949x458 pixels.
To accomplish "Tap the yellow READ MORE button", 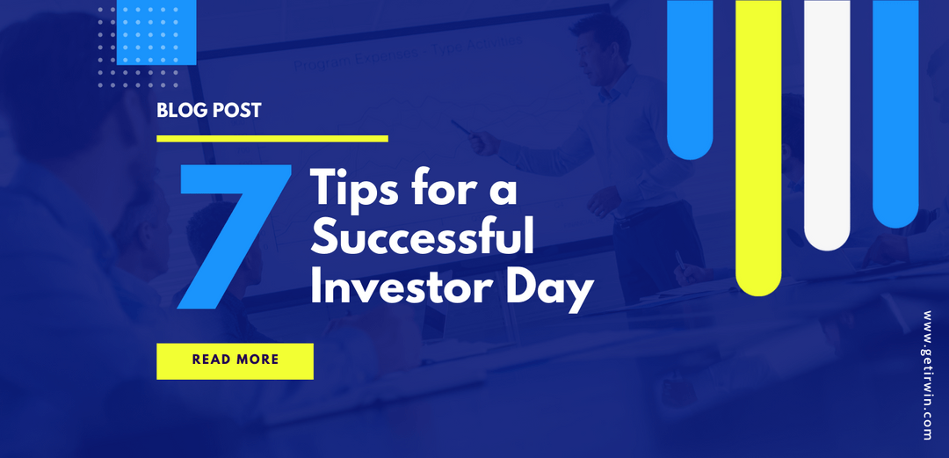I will pos(235,360).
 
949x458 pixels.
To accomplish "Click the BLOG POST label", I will pos(208,112).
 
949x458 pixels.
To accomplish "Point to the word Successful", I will pos(422,238).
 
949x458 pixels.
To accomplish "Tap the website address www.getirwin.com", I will pos(930,375).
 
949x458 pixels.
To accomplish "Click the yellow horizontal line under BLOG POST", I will pos(272,138).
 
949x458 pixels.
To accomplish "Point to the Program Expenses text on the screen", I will pos(334,62).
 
